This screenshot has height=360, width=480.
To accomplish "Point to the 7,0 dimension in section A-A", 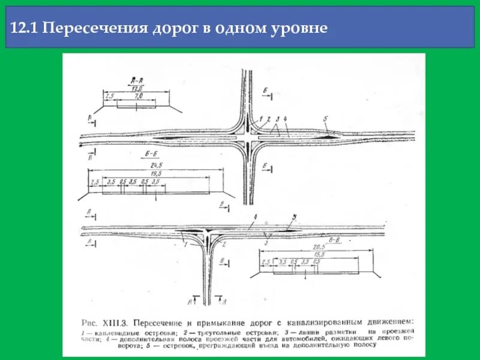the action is tap(137, 95).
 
